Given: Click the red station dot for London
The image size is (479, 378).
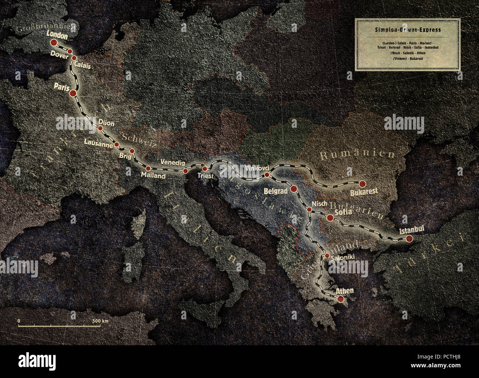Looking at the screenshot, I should tap(54, 43).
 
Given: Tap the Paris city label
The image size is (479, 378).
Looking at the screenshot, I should tap(62, 87).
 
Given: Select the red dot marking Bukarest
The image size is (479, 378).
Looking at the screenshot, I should tap(362, 183).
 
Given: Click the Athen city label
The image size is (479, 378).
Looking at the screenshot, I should tap(345, 291).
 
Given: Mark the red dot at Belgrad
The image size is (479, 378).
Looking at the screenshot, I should tap(294, 189).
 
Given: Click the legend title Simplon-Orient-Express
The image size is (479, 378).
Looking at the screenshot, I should tap(408, 30).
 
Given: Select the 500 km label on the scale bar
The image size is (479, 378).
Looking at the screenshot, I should tap(100, 321).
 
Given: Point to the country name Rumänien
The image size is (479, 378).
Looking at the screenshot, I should tap(357, 155).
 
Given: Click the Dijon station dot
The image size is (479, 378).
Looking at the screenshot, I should tap(100, 128).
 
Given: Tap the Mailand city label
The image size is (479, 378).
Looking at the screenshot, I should tap(153, 176).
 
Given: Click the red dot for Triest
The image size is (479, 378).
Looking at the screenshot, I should tap(205, 169).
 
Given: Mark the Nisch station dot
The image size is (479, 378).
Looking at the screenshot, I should tap(310, 209).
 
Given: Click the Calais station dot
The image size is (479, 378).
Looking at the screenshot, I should tap(74, 58).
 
